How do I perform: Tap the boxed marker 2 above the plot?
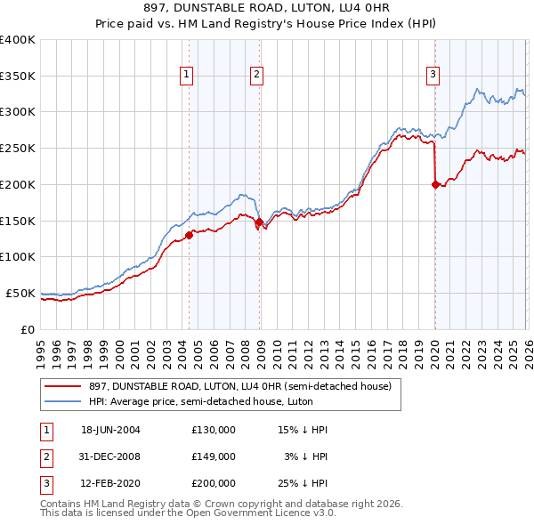[256, 76]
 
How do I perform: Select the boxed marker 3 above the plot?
[433, 76]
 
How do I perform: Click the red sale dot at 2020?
[435, 184]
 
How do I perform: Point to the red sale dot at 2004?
[189, 235]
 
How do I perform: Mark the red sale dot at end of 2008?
[259, 222]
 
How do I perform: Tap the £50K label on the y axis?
[20, 293]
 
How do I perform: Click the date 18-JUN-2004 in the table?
[110, 430]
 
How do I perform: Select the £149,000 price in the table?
[214, 456]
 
